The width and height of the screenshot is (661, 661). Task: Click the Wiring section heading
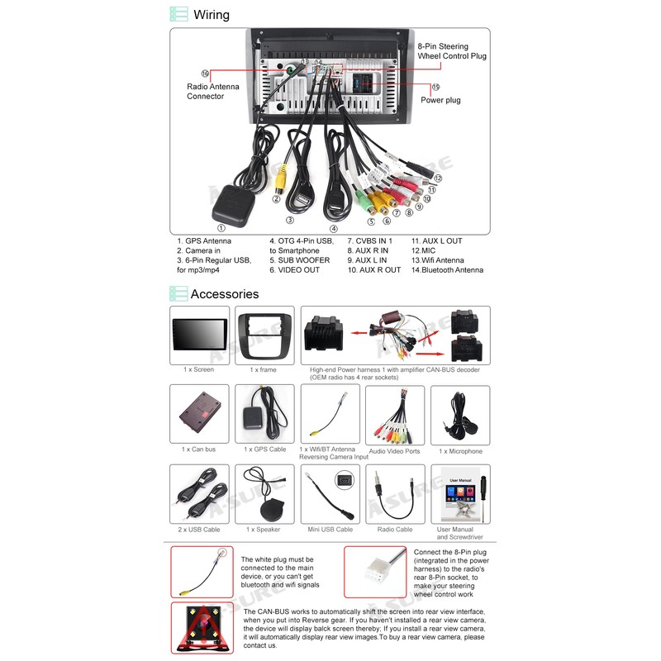tap(211, 14)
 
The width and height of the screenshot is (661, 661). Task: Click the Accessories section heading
tap(224, 294)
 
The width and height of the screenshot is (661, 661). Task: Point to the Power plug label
tap(440, 100)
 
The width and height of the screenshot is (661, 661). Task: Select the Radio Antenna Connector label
tap(212, 91)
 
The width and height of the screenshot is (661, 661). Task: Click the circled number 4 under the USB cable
tap(333, 229)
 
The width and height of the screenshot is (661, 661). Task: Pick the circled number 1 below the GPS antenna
tap(220, 228)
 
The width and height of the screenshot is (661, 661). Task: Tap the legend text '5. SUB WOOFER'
tap(299, 260)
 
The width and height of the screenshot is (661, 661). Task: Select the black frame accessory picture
tap(264, 335)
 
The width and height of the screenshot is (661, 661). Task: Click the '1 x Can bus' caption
tap(198, 449)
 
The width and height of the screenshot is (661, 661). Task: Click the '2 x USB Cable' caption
tap(200, 530)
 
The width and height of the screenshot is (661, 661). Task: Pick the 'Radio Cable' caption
tap(395, 530)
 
